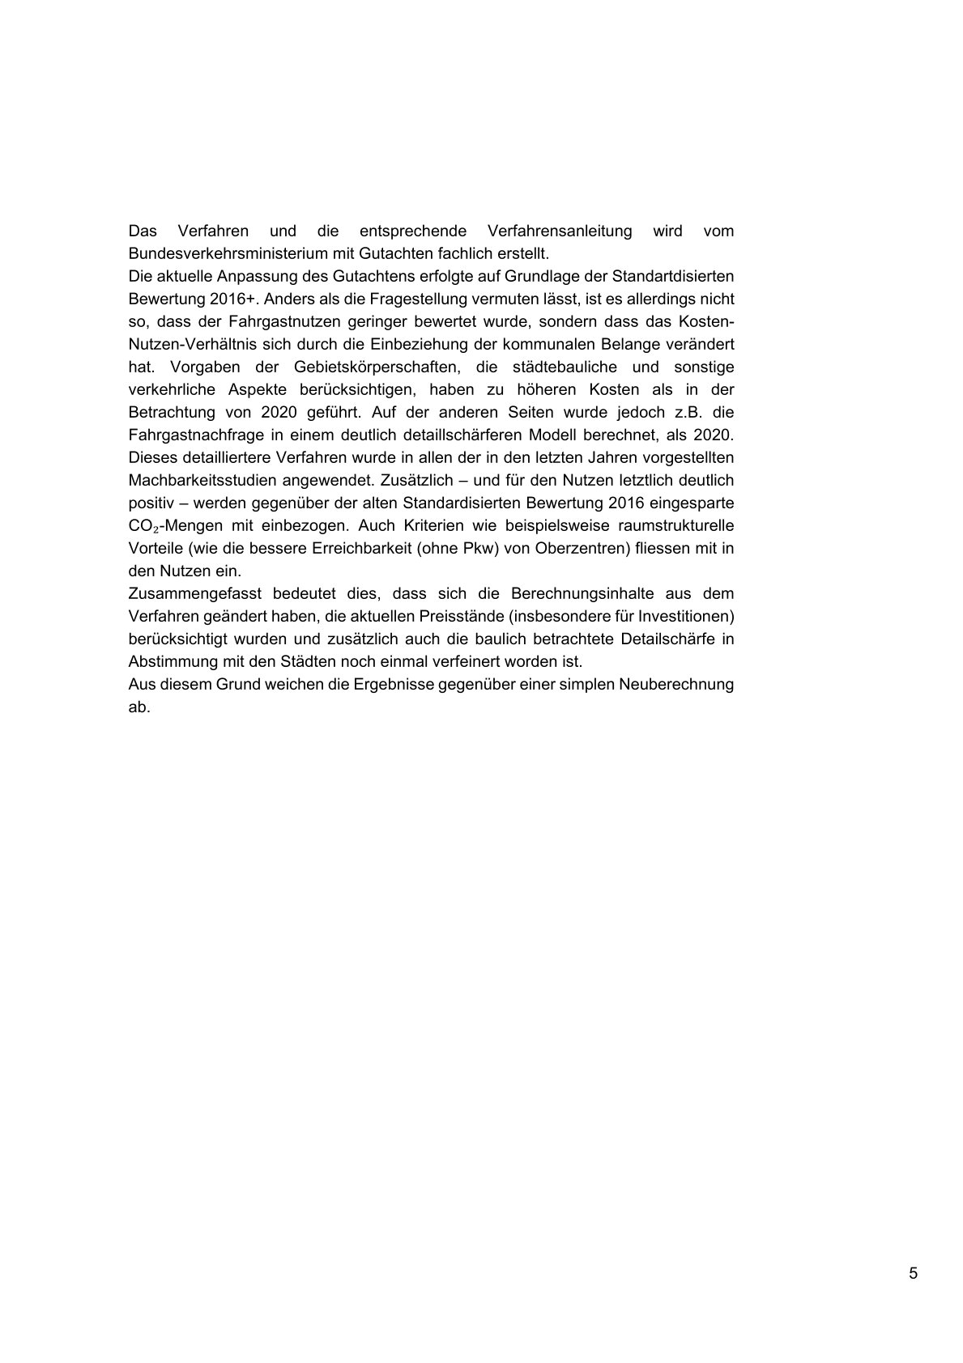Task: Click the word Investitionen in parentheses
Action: point(686,616)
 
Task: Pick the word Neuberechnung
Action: point(676,684)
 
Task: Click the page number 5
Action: point(914,1273)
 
